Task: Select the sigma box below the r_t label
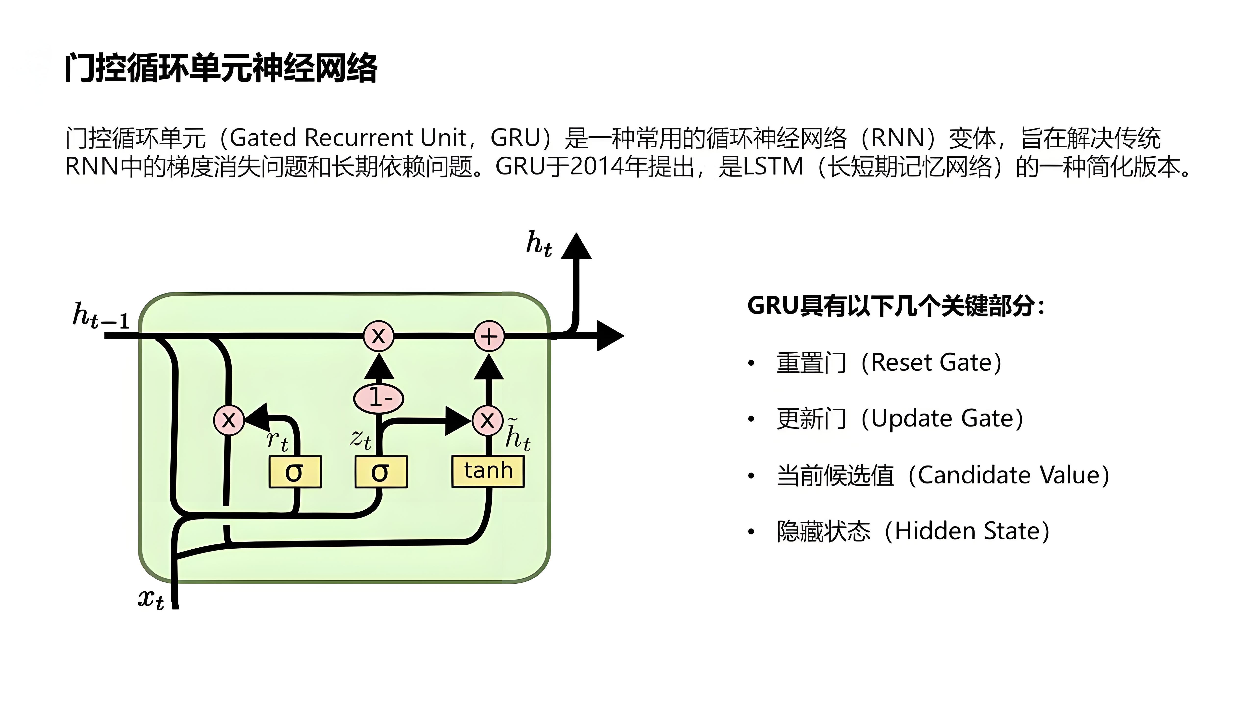295,472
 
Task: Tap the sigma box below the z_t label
380,472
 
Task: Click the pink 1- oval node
378,398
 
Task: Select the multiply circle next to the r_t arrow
228,419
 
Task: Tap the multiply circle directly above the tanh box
487,419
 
